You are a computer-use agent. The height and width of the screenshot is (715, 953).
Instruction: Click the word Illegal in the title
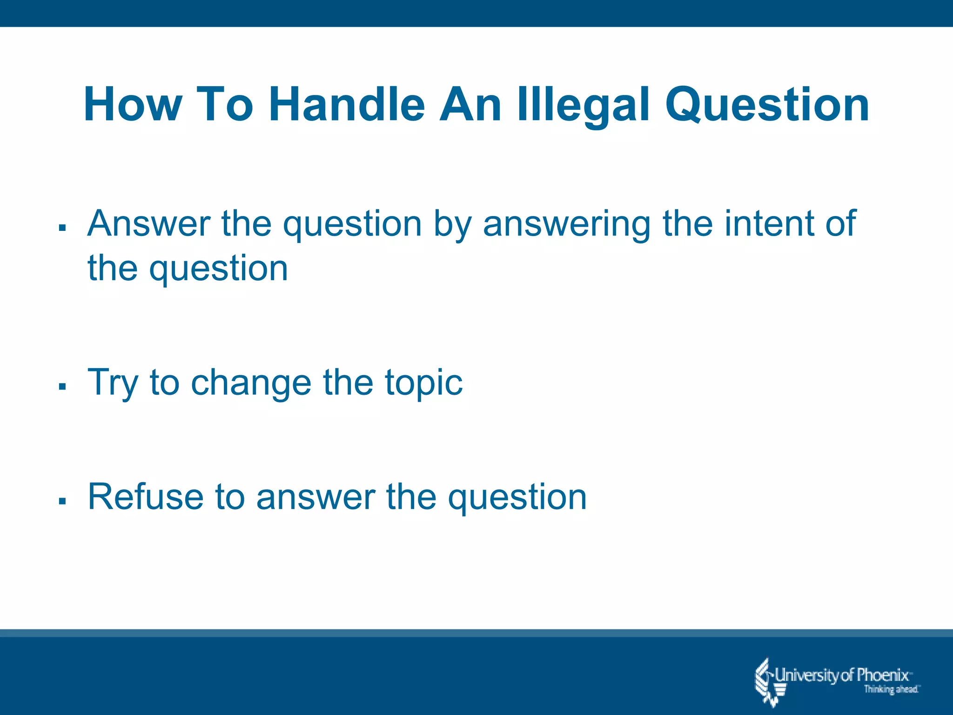point(584,105)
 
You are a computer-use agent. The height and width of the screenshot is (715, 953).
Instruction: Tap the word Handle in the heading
point(347,105)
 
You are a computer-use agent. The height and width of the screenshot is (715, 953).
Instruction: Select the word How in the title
point(133,105)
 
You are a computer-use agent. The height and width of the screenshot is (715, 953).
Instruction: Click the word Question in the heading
point(767,106)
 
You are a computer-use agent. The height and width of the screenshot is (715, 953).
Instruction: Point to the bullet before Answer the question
point(62,228)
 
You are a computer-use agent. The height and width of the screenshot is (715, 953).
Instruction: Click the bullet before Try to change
point(62,386)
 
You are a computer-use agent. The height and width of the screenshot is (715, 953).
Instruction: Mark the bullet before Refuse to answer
point(62,501)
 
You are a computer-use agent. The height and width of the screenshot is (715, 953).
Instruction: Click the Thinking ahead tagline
point(891,689)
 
